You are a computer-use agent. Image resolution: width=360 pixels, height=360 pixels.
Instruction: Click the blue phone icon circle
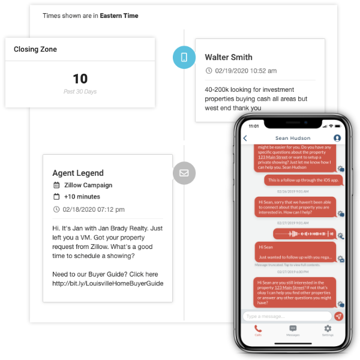[x=184, y=58]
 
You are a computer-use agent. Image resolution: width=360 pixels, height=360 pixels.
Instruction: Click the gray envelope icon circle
[x=184, y=173]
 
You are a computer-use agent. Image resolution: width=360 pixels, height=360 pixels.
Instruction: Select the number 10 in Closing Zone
[x=80, y=79]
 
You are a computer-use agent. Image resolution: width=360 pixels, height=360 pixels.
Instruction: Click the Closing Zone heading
[x=35, y=49]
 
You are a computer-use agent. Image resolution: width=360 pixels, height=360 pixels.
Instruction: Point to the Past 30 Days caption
[x=80, y=92]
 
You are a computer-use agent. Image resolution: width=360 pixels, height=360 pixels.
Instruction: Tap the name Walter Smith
[x=229, y=58]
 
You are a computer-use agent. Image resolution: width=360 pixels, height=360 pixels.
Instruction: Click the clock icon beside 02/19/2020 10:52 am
[x=209, y=71]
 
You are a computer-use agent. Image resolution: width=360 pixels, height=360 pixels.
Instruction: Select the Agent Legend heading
[x=78, y=173]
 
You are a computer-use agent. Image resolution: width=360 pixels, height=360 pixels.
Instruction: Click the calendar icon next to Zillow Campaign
[x=56, y=185]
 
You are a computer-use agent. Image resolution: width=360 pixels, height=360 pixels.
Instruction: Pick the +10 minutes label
[x=82, y=197]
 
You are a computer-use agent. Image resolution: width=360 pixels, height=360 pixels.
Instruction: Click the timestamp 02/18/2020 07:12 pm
[x=94, y=209]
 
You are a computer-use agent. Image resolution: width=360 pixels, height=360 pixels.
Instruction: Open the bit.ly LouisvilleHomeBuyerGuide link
[x=108, y=283]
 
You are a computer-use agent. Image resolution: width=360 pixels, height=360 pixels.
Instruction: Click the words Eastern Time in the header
[x=119, y=16]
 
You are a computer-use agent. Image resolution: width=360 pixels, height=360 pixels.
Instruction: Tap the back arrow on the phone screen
[x=245, y=138]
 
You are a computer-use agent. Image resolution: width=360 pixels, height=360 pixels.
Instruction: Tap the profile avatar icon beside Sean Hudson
[x=337, y=138]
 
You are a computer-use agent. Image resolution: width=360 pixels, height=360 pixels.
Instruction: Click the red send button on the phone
[x=338, y=316]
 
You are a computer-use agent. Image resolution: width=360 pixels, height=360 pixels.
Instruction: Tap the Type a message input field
[x=287, y=316]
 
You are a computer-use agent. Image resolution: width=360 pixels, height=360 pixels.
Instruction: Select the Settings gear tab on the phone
[x=328, y=329]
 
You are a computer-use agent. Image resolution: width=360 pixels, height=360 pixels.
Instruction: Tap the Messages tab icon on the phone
[x=293, y=329]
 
